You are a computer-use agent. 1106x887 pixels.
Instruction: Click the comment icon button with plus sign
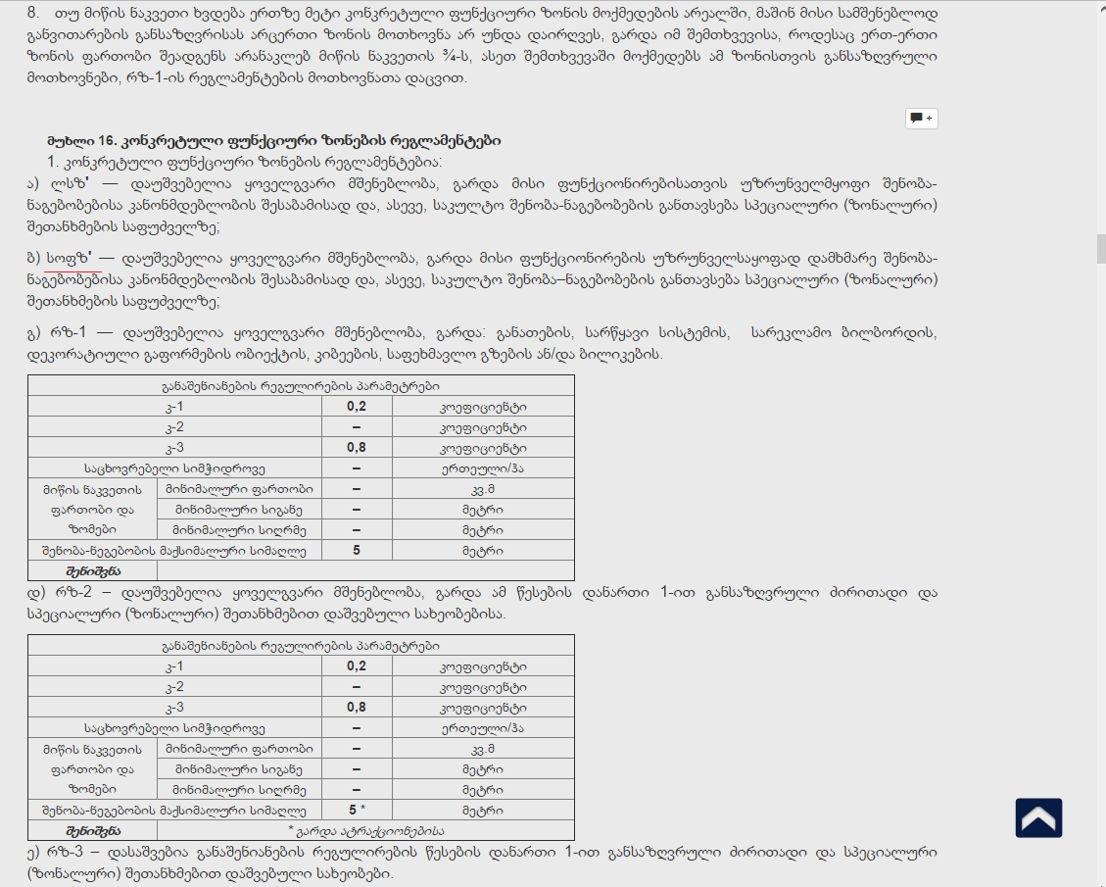(x=921, y=118)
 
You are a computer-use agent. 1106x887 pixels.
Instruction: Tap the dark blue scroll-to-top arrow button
(x=1038, y=817)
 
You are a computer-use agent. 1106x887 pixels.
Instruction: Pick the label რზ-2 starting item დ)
(x=66, y=593)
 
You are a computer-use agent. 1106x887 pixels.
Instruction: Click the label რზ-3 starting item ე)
(x=66, y=852)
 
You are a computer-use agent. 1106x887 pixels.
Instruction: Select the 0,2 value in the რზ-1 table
(x=356, y=407)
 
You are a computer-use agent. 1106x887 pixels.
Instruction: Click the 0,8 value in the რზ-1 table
(x=356, y=448)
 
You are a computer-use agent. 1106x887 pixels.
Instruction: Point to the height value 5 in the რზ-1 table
(x=356, y=551)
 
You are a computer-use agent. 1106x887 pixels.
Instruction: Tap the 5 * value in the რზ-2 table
(x=356, y=811)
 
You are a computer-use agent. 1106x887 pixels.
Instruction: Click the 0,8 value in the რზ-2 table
(x=356, y=708)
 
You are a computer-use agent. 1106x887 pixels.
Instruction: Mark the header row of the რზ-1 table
(x=301, y=386)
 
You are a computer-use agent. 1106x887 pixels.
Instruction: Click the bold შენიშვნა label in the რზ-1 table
(x=94, y=570)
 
